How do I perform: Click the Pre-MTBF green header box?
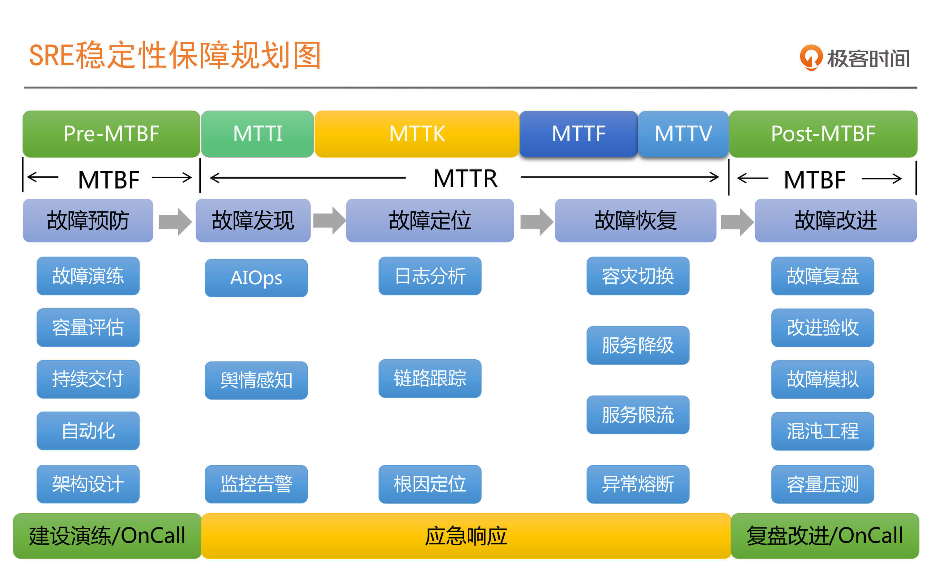click(111, 134)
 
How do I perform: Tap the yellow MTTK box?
click(417, 134)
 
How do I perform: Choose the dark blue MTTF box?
click(578, 134)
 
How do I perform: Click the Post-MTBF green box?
click(823, 134)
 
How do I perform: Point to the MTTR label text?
click(465, 179)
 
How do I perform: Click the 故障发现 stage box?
click(253, 221)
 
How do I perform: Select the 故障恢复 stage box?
click(635, 221)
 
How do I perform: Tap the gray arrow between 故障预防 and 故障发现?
click(175, 221)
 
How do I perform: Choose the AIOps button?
click(256, 278)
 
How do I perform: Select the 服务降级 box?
click(638, 345)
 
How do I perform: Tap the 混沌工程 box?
click(822, 431)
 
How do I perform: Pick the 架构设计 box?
click(88, 484)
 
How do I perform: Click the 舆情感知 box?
click(256, 381)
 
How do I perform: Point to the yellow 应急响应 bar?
click(466, 536)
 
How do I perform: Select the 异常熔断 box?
click(638, 484)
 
